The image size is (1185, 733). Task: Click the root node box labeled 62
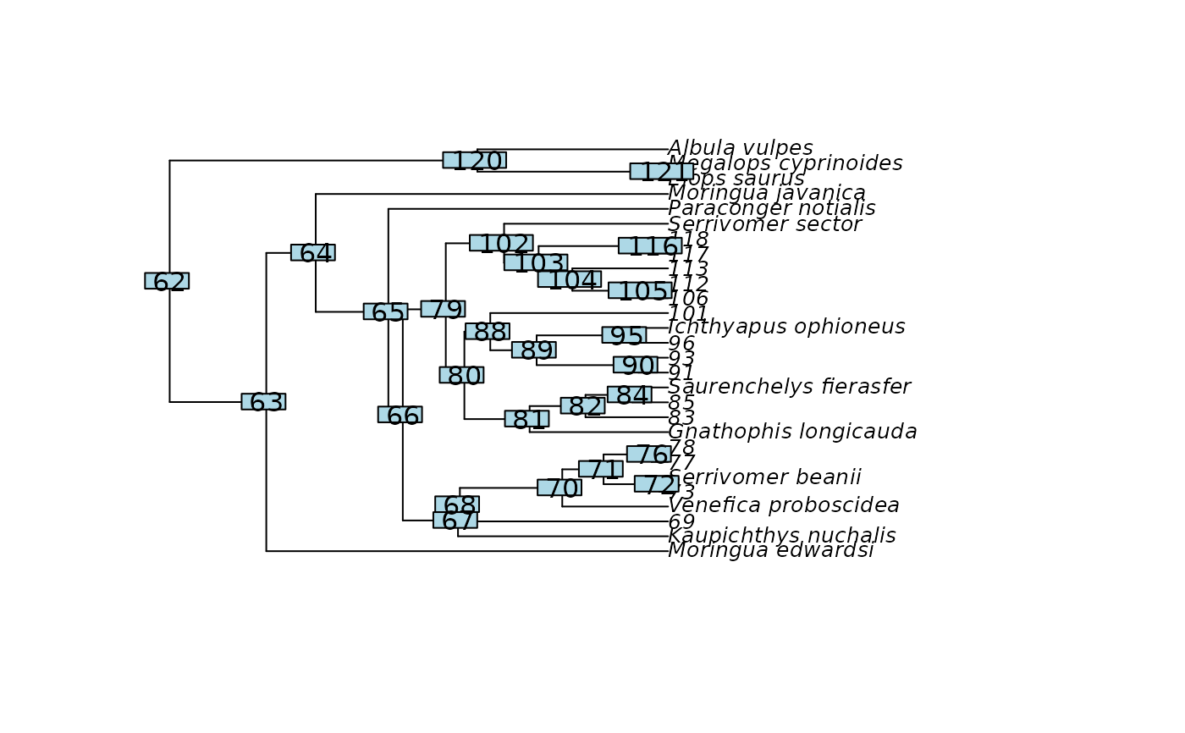point(167,281)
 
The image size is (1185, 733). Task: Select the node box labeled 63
point(263,402)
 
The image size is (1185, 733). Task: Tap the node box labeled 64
point(313,253)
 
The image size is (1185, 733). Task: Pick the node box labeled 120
point(475,161)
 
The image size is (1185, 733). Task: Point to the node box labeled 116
point(650,246)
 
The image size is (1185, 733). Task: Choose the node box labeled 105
point(640,291)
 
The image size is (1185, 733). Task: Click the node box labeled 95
point(625,336)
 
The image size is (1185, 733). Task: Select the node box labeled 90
point(636,366)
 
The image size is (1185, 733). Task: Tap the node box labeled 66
point(400,416)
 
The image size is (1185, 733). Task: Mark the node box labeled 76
point(649,455)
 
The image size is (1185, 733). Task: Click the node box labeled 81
point(527,419)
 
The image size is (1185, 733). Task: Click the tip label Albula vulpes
point(741,149)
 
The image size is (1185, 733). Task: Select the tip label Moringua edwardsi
point(771,551)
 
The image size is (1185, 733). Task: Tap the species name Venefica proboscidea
point(784,506)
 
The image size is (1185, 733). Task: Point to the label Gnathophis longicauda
point(792,433)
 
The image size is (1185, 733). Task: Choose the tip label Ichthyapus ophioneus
point(786,327)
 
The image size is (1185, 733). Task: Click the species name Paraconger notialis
point(772,209)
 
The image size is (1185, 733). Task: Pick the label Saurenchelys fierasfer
point(789,388)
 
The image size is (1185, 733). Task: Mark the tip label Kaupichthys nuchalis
point(782,536)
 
